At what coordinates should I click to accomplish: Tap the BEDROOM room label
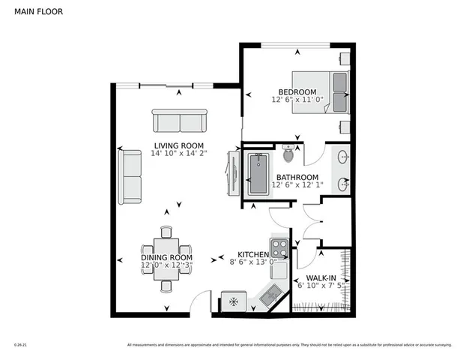[293, 91]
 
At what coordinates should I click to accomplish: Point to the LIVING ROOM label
[179, 145]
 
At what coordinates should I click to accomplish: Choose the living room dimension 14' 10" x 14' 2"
[179, 154]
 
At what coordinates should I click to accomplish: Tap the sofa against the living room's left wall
[131, 177]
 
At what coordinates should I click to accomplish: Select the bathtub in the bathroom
[257, 175]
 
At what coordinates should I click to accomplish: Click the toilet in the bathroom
[291, 154]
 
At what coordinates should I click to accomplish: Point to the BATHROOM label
[297, 178]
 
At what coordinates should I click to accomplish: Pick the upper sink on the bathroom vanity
[343, 157]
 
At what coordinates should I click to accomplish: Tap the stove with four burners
[279, 247]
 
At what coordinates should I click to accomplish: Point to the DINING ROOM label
[166, 258]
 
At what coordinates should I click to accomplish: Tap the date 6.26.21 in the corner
[20, 346]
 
